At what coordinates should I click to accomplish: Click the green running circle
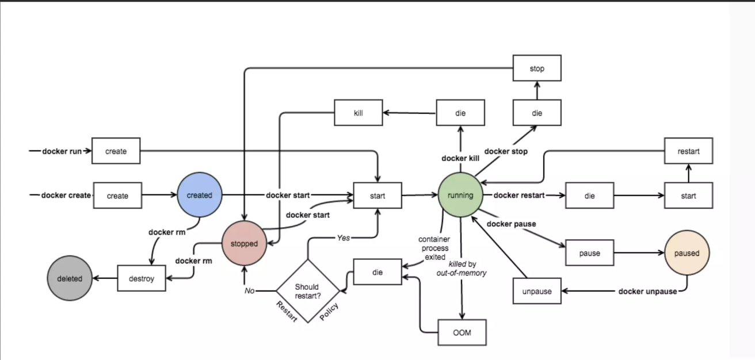point(460,196)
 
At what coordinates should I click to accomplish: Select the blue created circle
point(199,196)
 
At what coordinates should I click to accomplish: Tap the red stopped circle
point(244,244)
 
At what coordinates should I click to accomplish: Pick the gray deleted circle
point(70,279)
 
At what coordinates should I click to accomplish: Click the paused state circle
point(687,254)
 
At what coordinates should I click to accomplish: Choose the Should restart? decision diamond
point(307,290)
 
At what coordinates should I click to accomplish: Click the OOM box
point(462,333)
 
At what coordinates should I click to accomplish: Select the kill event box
point(359,113)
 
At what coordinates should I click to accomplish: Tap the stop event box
point(537,69)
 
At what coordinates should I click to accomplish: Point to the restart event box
point(688,151)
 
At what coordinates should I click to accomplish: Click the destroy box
point(142,279)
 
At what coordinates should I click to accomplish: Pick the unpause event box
point(537,292)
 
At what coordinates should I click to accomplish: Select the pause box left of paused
point(589,254)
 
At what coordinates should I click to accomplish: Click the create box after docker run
point(116,151)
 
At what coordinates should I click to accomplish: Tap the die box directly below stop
point(537,113)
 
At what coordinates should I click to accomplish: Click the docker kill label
point(460,158)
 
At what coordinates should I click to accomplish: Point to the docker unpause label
point(647,292)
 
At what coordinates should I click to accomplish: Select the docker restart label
point(518,196)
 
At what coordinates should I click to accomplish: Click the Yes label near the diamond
point(343,238)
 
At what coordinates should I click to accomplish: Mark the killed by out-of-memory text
point(462,268)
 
